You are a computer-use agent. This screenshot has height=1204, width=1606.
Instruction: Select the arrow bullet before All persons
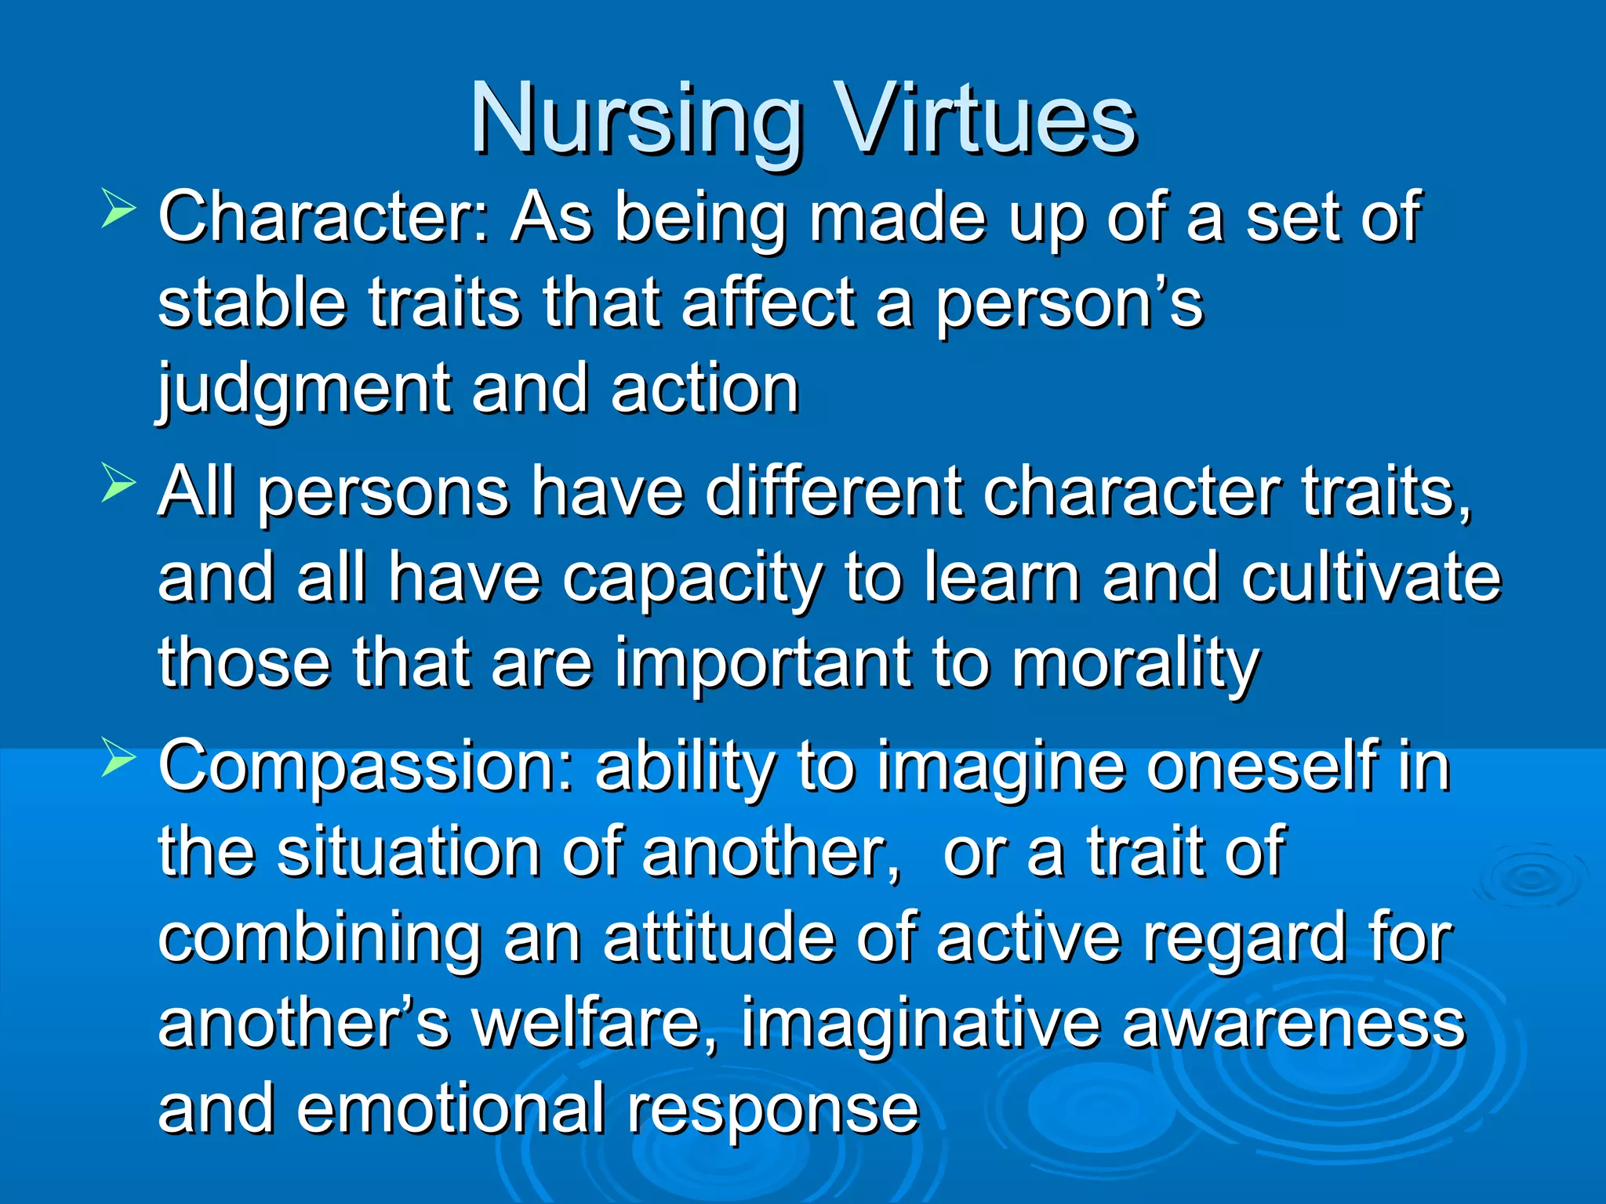tap(118, 485)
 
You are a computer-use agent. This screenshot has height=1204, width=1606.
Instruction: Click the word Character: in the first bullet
tap(324, 217)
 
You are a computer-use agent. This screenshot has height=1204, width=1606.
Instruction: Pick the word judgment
tap(303, 390)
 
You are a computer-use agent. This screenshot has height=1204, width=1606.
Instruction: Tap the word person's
tap(1069, 304)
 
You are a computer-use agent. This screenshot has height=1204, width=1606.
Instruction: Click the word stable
tap(252, 303)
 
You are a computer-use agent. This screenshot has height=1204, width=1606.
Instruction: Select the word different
tap(833, 492)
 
